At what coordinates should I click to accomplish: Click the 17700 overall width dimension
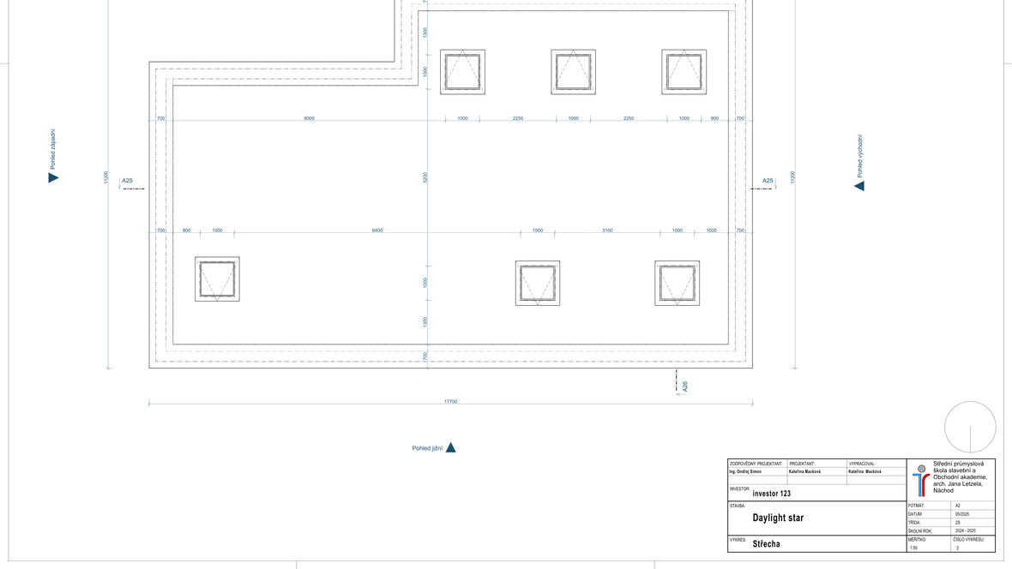point(450,401)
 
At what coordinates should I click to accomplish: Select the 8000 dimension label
point(309,118)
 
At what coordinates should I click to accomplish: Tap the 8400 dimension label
point(377,231)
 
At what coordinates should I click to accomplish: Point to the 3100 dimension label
point(607,231)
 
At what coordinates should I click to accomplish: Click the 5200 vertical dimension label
point(425,177)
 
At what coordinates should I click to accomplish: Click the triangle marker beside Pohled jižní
point(450,447)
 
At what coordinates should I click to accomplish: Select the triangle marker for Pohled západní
point(53,177)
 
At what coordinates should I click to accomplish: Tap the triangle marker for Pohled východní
point(859,186)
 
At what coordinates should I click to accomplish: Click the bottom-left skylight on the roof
point(217,279)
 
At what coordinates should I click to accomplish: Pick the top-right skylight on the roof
point(684,72)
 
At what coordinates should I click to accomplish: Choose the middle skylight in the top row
point(573,72)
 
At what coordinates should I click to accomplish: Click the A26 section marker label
point(684,386)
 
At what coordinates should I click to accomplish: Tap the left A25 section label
point(128,181)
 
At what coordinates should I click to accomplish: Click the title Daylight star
point(778,518)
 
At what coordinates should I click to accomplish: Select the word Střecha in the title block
point(767,544)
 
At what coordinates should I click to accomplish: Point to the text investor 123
point(771,494)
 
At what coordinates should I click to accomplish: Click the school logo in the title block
point(920,480)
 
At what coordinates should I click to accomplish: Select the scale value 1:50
point(913,548)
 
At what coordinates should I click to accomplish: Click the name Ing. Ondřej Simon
point(751,471)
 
